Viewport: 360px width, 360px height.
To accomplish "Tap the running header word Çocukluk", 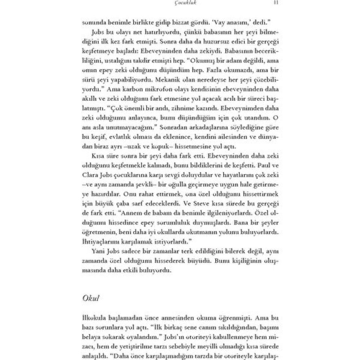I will (x=181, y=3).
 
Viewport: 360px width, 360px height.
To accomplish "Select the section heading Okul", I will (x=91, y=298).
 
